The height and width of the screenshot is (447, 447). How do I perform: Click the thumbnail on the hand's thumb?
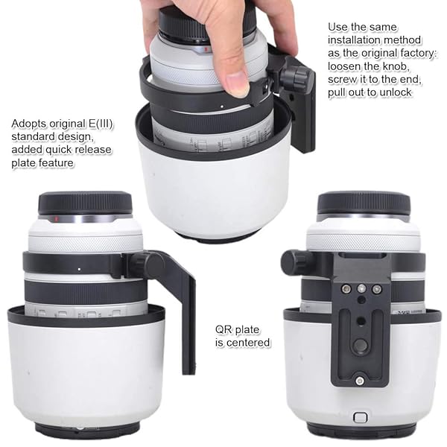pos(237,83)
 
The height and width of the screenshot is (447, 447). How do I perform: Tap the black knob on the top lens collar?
pos(294,75)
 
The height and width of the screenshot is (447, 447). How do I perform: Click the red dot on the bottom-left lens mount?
pos(56,218)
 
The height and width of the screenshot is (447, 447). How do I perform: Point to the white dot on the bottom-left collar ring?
pos(79,269)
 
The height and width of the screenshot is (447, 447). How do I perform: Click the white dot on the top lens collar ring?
pos(222,107)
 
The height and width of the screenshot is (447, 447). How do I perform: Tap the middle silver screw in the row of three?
pos(361,288)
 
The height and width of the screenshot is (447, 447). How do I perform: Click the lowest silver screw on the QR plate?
pos(360,380)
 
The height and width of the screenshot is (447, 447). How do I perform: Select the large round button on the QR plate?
pos(361,345)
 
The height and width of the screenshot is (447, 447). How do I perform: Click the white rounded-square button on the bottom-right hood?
pos(361,418)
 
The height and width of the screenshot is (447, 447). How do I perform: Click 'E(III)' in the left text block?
pos(101,124)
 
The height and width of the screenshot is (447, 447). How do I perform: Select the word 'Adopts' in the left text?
pos(29,124)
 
